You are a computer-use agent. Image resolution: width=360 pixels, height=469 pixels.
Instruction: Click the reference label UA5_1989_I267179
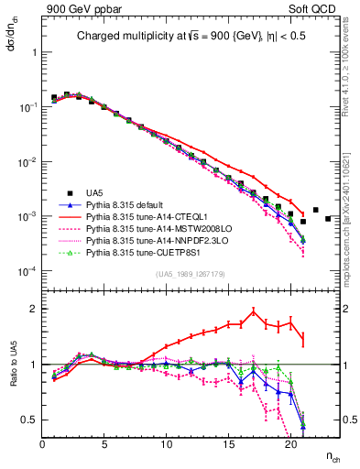pos(191,275)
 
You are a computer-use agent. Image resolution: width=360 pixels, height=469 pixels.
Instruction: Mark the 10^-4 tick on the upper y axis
pos(27,272)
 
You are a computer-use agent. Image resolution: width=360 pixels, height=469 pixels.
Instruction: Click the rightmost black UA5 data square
pos(328,244)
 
